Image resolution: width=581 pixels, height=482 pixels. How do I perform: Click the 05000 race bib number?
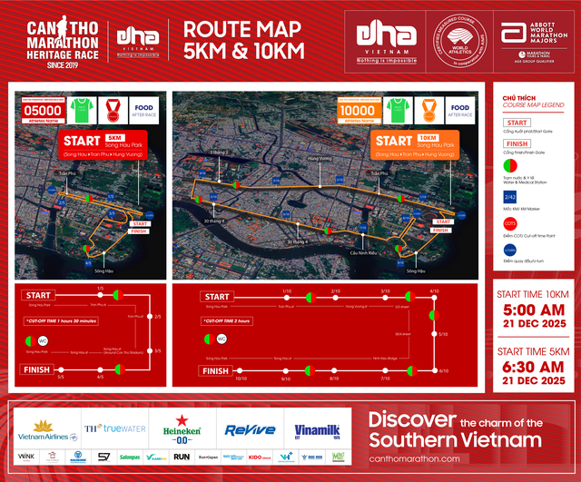coord(29,112)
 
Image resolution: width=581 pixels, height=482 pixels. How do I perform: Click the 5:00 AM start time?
coord(533,310)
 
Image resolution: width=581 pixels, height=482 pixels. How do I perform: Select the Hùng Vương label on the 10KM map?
coord(319,160)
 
